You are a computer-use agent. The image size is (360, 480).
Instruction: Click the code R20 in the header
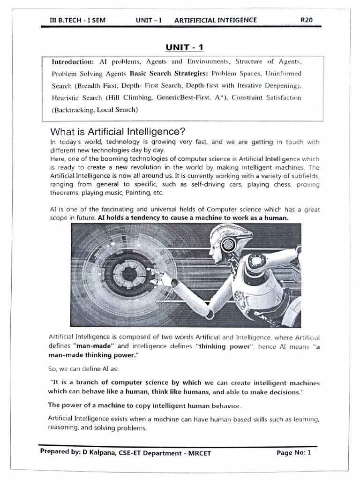coord(307,20)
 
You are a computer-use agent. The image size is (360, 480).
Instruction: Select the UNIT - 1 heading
coord(184,47)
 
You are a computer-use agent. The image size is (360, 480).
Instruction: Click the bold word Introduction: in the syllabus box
coord(73,61)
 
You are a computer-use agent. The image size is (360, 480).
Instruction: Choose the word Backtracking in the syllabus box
coord(74,110)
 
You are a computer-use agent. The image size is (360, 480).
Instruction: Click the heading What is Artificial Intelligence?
coord(114,132)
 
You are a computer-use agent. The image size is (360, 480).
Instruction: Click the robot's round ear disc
coord(229,244)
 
